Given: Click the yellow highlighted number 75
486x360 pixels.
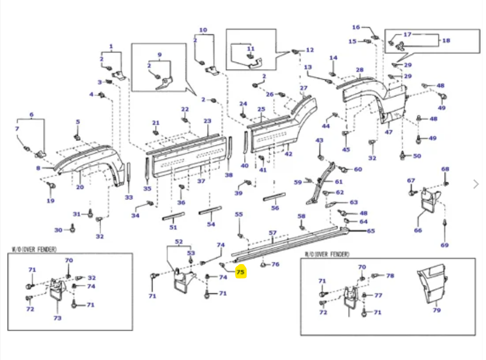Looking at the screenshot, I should pos(240,273).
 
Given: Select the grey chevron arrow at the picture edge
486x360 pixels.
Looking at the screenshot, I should pos(476,184).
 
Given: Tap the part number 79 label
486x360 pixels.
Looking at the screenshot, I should pos(436,311).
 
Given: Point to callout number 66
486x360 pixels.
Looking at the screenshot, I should pos(418,230).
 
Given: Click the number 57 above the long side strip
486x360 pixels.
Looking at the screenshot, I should pos(273,233).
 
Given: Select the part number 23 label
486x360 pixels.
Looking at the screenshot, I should pos(207,121).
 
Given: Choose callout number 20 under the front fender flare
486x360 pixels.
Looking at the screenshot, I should pos(80,187).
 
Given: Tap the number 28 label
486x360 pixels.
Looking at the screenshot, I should pos(359,70).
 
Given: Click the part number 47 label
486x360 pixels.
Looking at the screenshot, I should pos(388,132).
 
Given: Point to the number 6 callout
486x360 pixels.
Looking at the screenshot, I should pos(31,115).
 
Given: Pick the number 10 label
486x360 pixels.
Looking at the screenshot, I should pos(203,30).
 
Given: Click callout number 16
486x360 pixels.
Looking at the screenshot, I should pos(356,27).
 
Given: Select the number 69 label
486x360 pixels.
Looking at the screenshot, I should pos(445,245).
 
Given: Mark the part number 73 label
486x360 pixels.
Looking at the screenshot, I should pos(57,318).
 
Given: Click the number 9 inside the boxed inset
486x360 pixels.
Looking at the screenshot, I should pos(160,55).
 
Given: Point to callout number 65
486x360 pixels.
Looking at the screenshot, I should pos(371,231).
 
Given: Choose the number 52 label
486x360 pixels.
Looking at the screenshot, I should pos(179,242).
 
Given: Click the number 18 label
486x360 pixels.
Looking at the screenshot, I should pos(446,41).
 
